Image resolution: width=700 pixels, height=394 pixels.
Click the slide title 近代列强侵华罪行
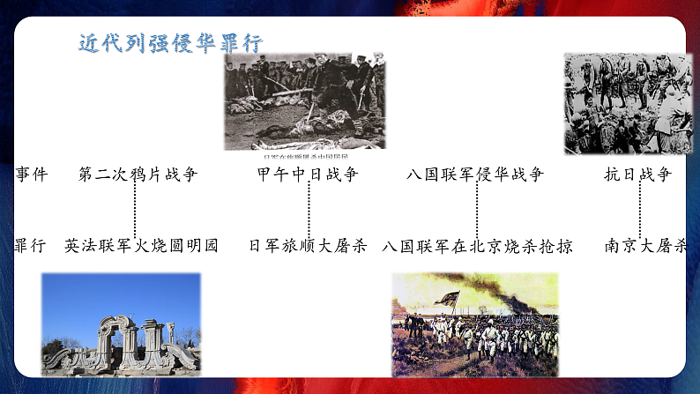point(170,43)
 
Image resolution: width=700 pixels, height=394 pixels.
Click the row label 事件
point(31,175)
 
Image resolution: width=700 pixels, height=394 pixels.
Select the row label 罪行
point(31,246)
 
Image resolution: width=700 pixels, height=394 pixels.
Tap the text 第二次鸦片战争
point(138,175)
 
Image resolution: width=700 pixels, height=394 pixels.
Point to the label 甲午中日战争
point(308,175)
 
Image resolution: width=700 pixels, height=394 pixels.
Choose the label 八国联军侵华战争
point(475,175)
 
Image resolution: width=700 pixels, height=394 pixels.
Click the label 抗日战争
point(638,175)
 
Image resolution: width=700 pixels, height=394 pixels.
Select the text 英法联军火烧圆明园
point(141,246)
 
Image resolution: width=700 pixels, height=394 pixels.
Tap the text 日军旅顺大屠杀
point(308,246)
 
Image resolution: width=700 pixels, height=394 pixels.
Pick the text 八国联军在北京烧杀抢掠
point(477,246)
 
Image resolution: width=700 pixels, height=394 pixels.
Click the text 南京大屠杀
point(645,246)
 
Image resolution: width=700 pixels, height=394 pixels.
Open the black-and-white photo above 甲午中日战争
point(304,100)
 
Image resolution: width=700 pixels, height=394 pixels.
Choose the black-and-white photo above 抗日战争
point(629,103)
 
